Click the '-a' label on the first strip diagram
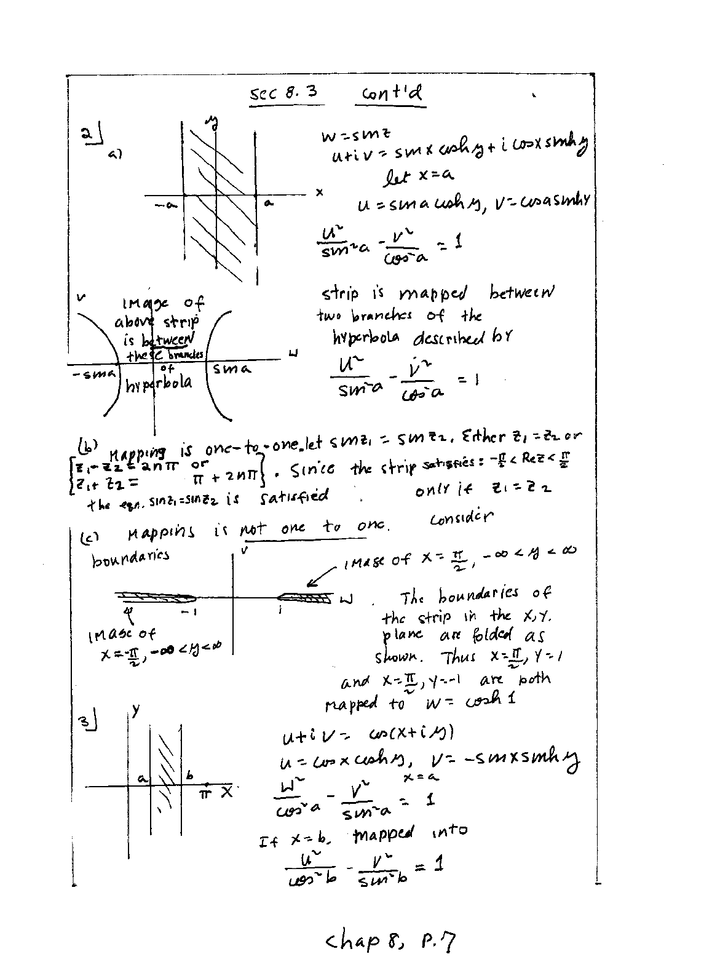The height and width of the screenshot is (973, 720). (x=164, y=205)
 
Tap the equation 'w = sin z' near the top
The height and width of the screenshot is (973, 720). (x=357, y=134)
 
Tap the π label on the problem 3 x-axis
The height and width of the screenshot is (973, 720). (x=207, y=793)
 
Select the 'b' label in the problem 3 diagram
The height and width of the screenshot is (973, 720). (x=190, y=776)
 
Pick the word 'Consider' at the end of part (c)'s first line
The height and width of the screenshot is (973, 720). (x=462, y=518)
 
